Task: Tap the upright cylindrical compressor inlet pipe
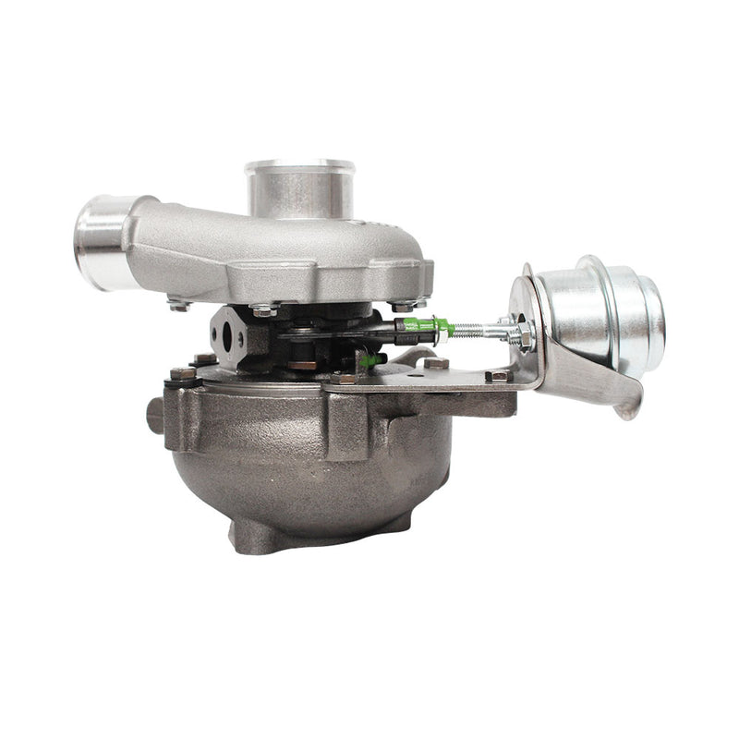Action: (x=299, y=189)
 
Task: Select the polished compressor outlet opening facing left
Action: (x=100, y=242)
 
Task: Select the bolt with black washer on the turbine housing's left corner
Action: (x=182, y=375)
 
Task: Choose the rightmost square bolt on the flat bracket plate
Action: (x=498, y=375)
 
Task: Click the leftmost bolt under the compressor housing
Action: (x=178, y=302)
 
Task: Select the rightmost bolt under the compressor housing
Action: (x=403, y=304)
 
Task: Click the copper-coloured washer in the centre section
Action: (x=301, y=365)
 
